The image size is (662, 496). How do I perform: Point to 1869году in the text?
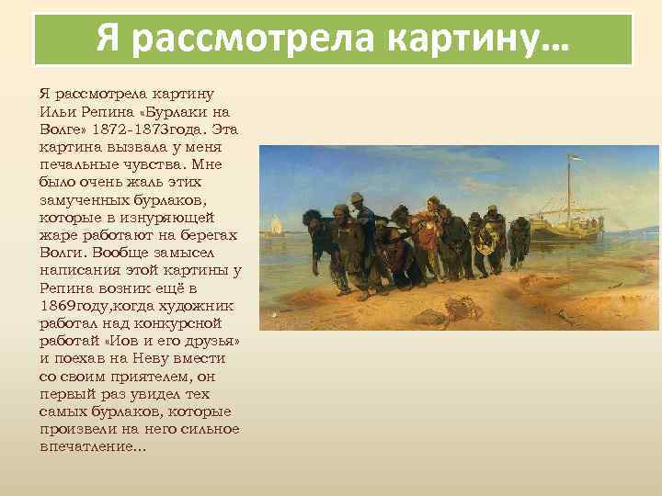pyautogui.click(x=75, y=304)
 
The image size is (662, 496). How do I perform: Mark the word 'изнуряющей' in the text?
pyautogui.click(x=171, y=217)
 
